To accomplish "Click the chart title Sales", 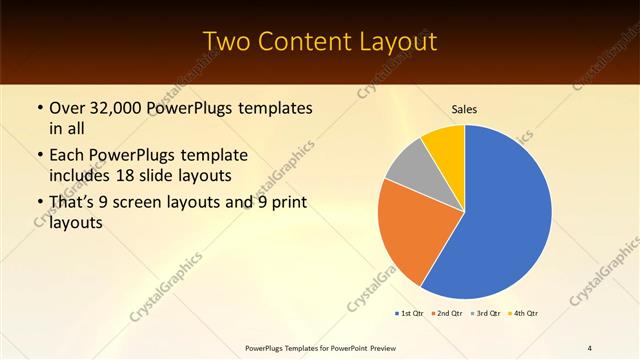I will click(464, 108).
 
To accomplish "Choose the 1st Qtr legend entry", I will click(411, 314).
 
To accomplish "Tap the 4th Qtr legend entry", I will click(524, 314).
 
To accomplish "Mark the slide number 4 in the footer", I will click(590, 347).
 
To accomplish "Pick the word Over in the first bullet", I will click(67, 107).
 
